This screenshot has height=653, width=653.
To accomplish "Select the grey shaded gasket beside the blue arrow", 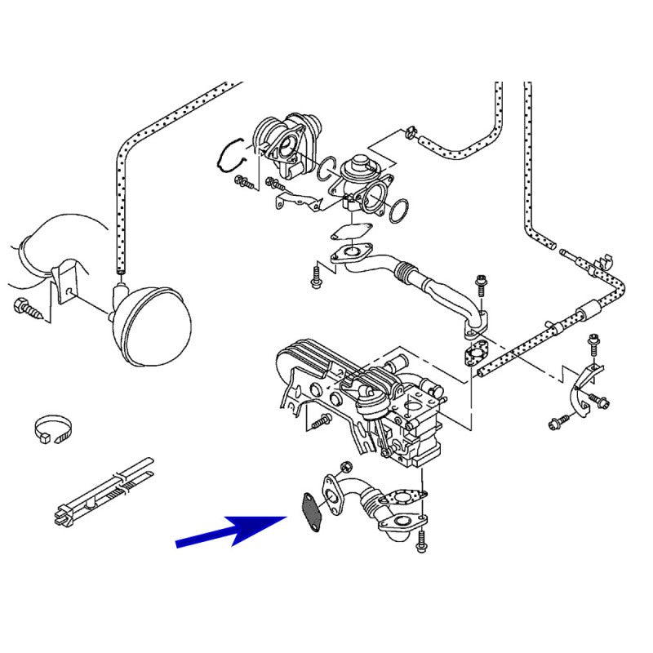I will click(311, 513).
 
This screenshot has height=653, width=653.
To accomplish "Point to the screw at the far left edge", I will click(24, 308).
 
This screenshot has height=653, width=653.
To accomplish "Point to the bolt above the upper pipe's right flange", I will click(482, 287).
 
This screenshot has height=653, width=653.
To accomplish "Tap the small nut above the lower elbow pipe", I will click(344, 467).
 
